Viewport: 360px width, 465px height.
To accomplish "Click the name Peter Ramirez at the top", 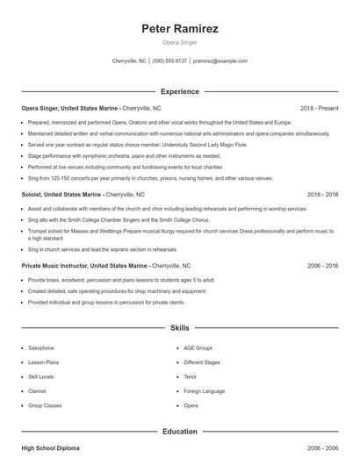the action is [179, 28].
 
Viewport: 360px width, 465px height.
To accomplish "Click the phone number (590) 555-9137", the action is [169, 61].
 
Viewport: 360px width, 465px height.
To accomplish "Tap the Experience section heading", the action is [179, 91].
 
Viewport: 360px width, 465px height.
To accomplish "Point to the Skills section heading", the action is [179, 328].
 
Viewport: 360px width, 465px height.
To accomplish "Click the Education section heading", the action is [179, 432].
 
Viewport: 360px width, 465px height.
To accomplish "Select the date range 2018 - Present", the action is [319, 108].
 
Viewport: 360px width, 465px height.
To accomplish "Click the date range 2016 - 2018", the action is [322, 194].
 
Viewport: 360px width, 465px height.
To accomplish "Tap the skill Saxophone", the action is [41, 348].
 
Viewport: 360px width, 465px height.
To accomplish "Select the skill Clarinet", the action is [39, 391].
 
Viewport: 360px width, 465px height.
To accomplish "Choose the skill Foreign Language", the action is [204, 391].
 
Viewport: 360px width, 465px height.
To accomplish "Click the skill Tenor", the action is [191, 377].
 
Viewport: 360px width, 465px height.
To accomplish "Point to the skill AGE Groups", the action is [198, 348].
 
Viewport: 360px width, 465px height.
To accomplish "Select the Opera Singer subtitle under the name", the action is [179, 42].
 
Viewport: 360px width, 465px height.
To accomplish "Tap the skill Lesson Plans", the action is [43, 362].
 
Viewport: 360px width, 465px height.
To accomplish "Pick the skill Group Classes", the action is [44, 406].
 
